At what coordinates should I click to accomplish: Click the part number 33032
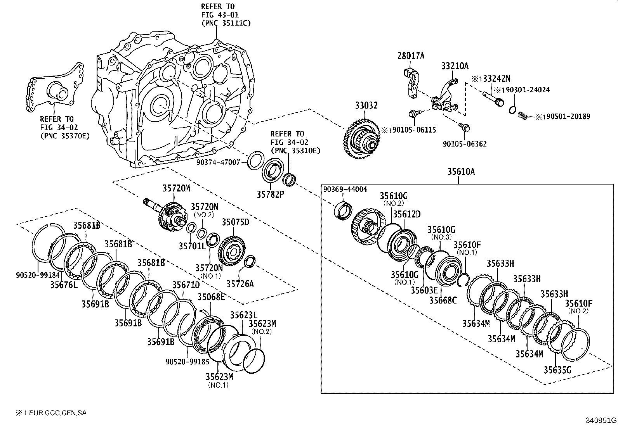pyautogui.click(x=366, y=105)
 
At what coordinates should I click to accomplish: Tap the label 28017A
pyautogui.click(x=411, y=56)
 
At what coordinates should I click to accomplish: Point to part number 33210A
pyautogui.click(x=455, y=66)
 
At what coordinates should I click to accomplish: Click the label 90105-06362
pyautogui.click(x=465, y=144)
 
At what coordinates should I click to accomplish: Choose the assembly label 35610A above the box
pyautogui.click(x=461, y=172)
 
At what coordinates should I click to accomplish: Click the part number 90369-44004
pyautogui.click(x=345, y=189)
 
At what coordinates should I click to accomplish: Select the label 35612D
pyautogui.click(x=406, y=214)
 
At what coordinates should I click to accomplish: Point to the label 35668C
pyautogui.click(x=443, y=300)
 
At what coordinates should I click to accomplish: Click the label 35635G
pyautogui.click(x=557, y=370)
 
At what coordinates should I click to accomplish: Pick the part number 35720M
pyautogui.click(x=176, y=188)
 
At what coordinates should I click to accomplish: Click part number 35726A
pyautogui.click(x=240, y=284)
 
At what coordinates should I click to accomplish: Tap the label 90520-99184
pyautogui.click(x=32, y=275)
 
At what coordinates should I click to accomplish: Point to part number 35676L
pyautogui.click(x=64, y=285)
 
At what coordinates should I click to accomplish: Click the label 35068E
pyautogui.click(x=211, y=297)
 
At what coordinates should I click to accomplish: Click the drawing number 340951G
pyautogui.click(x=601, y=420)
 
